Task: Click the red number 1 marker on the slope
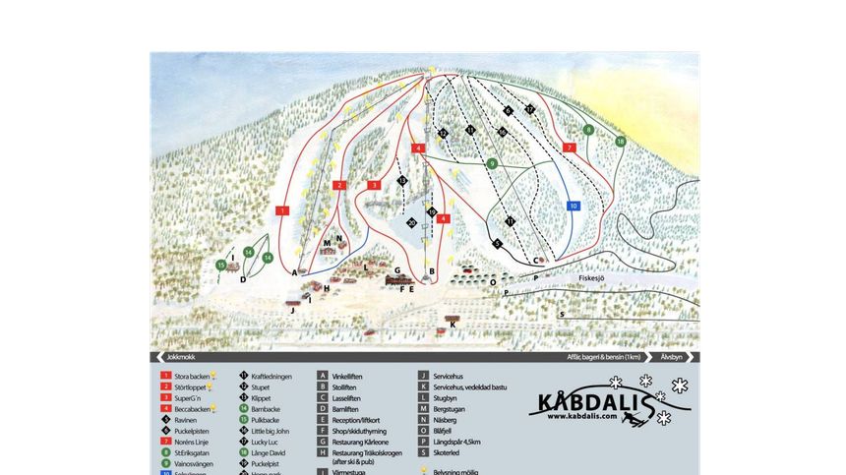tap(282, 210)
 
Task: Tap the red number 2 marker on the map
tap(338, 185)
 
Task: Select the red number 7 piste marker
tap(570, 148)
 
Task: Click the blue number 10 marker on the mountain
tap(574, 206)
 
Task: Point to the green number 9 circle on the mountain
tap(492, 163)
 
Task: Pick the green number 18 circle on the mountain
tap(620, 142)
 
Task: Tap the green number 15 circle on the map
tap(221, 265)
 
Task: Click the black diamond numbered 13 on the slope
tap(401, 181)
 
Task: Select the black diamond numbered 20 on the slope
tap(411, 223)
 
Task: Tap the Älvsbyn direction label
tap(672, 357)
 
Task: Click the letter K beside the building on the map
tap(452, 324)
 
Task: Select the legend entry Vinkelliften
tap(348, 376)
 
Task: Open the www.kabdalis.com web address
tap(583, 416)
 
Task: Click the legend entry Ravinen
tap(186, 419)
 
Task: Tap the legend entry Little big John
tap(270, 431)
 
